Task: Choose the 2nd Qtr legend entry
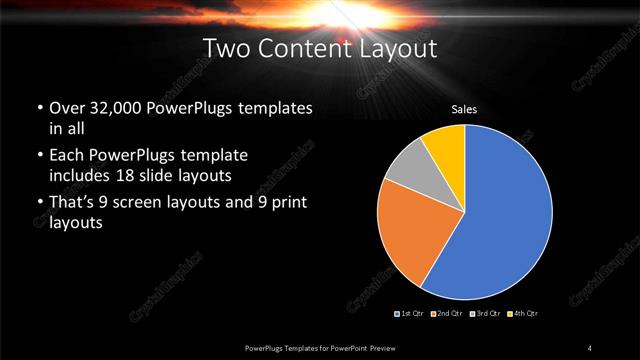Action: point(447,314)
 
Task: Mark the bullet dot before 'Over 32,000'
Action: point(38,108)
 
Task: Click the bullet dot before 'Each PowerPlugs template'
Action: point(38,156)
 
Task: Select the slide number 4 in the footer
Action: point(590,347)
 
